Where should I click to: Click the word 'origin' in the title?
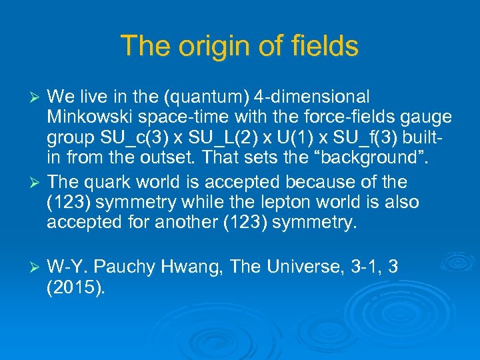pos(200,46)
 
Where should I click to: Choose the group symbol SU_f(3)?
pos(383,138)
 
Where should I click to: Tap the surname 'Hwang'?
pos(191,267)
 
